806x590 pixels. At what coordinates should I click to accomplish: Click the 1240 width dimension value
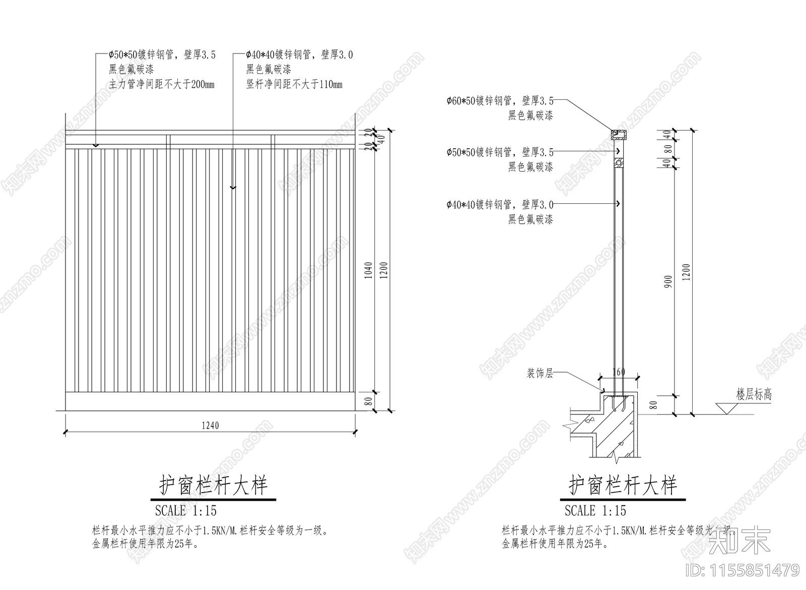tap(210, 426)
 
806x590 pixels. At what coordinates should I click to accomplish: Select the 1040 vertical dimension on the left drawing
tap(368, 271)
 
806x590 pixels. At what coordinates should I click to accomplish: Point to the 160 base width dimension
tap(618, 372)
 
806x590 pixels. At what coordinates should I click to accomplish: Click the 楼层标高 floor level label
tap(754, 395)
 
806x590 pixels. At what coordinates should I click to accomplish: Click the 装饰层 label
tap(540, 374)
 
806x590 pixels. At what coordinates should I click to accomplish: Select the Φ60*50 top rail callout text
tap(500, 101)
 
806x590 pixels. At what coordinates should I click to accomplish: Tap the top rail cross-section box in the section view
tap(619, 135)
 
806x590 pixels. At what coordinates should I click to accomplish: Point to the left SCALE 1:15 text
tap(186, 511)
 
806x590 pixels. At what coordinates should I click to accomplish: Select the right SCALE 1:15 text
tap(595, 511)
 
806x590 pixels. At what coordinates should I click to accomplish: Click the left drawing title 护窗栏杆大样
tap(214, 486)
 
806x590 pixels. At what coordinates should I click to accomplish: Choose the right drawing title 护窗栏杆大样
tap(623, 486)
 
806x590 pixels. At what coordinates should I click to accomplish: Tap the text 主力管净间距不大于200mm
tap(161, 85)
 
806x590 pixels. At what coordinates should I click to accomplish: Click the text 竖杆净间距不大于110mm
tap(294, 85)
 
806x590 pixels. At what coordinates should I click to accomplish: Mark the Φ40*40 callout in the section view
tap(500, 205)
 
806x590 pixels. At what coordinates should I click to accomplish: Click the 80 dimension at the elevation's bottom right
tap(368, 402)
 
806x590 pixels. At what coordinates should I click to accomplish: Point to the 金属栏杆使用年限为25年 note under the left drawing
tap(146, 544)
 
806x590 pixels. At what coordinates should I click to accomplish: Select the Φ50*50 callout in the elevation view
tap(162, 55)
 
